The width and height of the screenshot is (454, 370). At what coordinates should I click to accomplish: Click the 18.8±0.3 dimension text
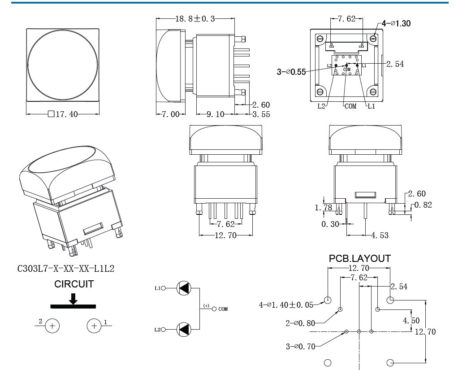195,19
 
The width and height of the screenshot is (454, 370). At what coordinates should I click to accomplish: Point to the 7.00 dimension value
170,114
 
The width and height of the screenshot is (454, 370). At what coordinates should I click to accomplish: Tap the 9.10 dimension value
215,114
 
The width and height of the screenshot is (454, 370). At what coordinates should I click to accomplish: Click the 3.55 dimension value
261,114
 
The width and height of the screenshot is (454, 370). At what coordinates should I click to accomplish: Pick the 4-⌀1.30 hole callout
396,23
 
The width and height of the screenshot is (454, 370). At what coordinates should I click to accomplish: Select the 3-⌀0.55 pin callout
291,72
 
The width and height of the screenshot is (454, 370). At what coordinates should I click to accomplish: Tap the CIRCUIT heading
74,284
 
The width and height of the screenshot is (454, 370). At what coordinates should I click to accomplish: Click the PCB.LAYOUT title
359,258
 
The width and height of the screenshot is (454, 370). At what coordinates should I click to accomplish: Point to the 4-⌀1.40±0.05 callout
286,305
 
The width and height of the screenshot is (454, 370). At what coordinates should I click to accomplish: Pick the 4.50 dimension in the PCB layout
411,321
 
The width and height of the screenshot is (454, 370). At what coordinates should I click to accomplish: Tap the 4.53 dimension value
380,235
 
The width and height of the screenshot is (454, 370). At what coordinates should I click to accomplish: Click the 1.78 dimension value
324,207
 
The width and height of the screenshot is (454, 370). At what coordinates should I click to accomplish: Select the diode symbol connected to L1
184,288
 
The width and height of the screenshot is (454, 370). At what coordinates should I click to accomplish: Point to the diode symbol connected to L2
184,330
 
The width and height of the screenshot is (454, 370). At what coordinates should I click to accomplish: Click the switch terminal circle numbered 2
52,326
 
